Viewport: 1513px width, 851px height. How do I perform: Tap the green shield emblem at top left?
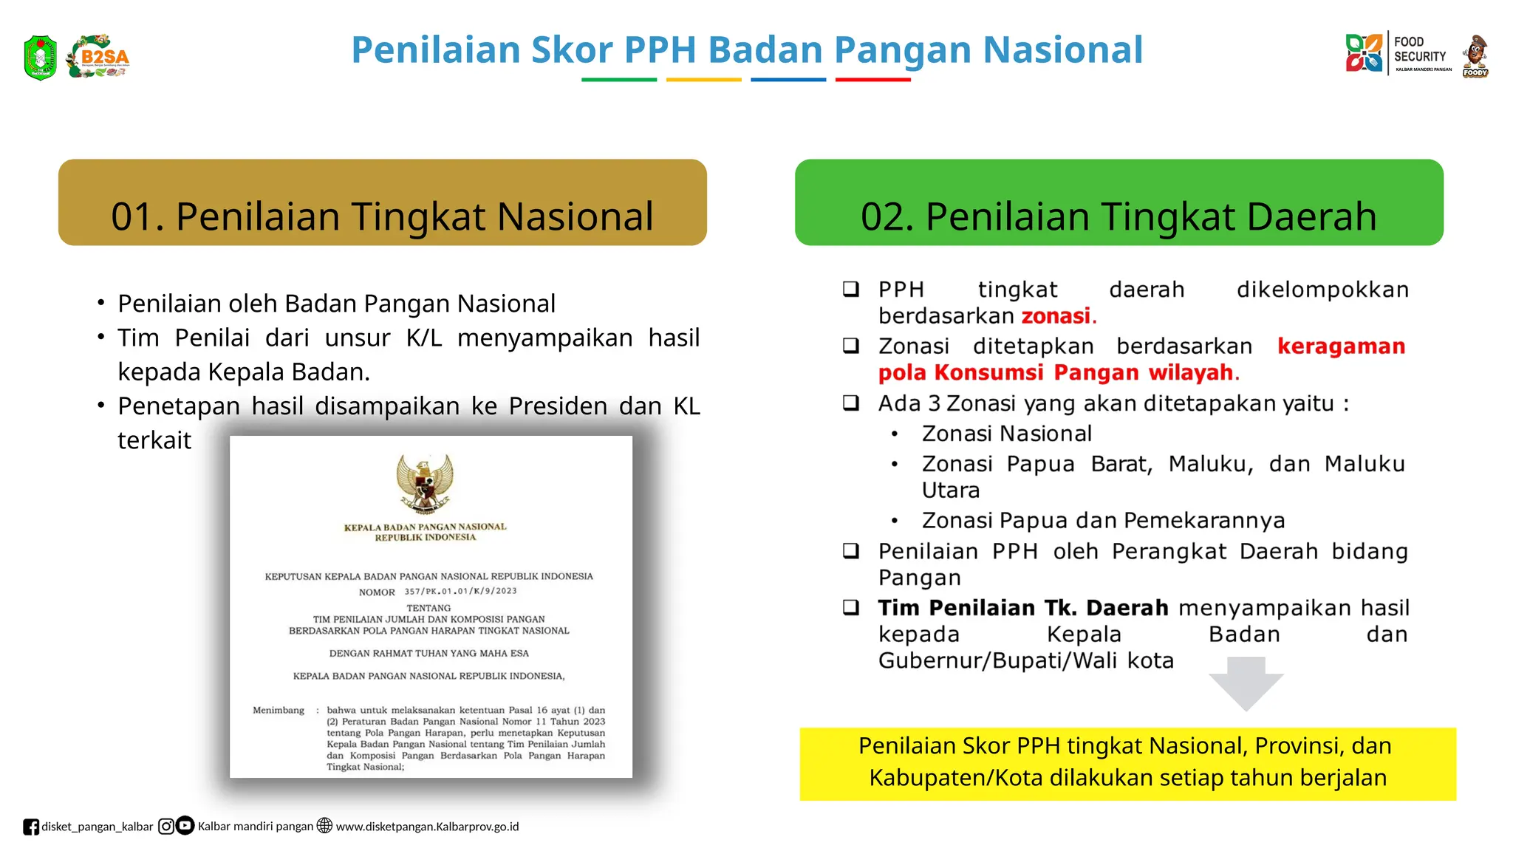point(40,57)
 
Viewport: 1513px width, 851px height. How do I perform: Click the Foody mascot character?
point(1475,55)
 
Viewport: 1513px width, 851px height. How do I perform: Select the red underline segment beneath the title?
point(872,80)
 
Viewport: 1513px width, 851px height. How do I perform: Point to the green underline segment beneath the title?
point(618,80)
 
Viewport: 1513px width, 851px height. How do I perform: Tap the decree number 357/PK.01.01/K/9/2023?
point(460,591)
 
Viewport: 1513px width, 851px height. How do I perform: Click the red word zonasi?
point(1056,316)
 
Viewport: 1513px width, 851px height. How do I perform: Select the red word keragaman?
point(1341,346)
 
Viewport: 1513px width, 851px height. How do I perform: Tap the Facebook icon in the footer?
point(30,827)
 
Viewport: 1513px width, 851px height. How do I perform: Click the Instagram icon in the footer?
point(166,826)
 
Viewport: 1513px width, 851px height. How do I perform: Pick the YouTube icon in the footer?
point(185,825)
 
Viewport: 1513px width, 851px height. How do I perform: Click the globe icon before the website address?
point(324,825)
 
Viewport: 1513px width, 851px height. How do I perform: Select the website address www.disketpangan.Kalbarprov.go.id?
point(427,827)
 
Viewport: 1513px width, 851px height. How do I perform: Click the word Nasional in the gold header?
point(575,217)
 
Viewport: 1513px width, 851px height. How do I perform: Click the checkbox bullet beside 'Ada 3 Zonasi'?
point(851,403)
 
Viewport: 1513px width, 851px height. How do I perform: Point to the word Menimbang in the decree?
point(279,711)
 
